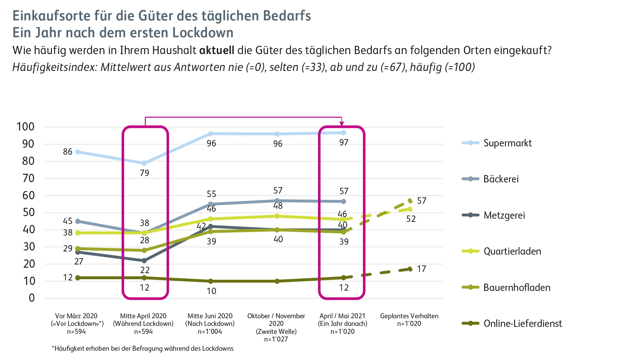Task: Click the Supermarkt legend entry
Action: [507, 143]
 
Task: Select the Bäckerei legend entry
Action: [501, 179]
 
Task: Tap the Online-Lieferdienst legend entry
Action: [522, 323]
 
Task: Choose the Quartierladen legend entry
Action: [512, 251]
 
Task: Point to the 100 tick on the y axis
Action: [25, 127]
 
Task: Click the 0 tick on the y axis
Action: [32, 298]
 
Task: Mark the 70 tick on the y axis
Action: [28, 178]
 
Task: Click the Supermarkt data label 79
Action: [145, 173]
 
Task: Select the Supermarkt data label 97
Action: [344, 142]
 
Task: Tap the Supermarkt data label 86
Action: [67, 152]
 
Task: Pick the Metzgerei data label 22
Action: [145, 270]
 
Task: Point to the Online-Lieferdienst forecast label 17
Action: [421, 269]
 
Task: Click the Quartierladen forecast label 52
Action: [411, 219]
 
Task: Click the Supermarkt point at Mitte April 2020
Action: [144, 163]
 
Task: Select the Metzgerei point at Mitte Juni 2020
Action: [210, 226]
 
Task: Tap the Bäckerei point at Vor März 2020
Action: [78, 221]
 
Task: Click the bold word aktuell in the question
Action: [216, 50]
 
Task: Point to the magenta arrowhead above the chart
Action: [342, 124]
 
